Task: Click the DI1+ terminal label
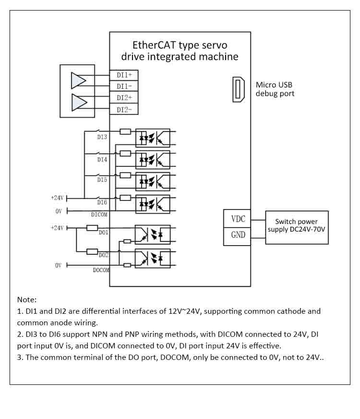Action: click(124, 75)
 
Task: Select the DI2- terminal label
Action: click(124, 110)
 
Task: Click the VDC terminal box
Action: click(238, 219)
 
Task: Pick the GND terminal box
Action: click(238, 235)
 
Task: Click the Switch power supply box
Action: click(297, 227)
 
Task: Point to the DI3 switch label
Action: click(102, 137)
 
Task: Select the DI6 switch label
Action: click(102, 203)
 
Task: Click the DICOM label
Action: click(99, 215)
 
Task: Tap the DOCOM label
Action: click(101, 270)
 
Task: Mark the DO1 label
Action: click(103, 233)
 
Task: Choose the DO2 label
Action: click(103, 255)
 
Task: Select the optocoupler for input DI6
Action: click(153, 204)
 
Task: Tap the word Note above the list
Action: click(27, 299)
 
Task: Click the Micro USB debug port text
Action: click(275, 89)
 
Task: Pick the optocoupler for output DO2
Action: click(152, 259)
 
